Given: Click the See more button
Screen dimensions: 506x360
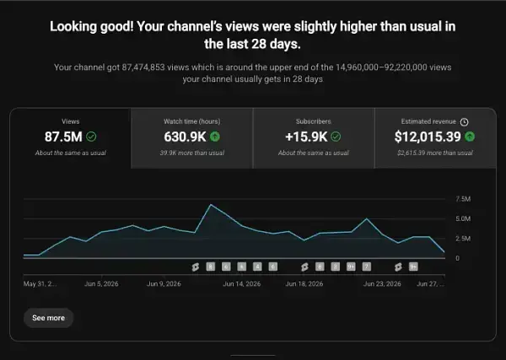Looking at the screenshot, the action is coord(48,318).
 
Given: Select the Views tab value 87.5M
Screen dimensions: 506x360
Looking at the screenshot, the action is coord(63,137).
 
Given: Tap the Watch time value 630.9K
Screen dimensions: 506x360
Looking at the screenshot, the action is coord(185,137).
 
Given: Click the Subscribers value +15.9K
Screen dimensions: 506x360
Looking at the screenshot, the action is coord(306,137).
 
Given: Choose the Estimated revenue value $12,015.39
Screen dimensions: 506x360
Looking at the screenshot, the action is coord(428,137).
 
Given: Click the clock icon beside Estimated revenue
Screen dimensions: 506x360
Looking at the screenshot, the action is coord(464,122).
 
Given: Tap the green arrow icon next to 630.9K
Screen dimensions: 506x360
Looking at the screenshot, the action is coord(215,137).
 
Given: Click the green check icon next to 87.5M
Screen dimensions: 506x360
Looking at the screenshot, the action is coord(91,137).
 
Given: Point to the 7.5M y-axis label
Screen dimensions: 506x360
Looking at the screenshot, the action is coord(463,199).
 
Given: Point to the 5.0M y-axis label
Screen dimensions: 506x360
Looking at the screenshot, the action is coord(463,218).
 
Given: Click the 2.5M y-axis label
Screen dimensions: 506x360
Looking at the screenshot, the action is coord(463,239).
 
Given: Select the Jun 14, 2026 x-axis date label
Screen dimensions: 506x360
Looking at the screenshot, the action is coord(242,284).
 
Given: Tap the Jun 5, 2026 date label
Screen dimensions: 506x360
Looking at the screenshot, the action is coord(101,284).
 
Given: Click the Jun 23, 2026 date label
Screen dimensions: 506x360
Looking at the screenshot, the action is coord(382,284).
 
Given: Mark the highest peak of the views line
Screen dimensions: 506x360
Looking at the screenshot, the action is coord(211,205).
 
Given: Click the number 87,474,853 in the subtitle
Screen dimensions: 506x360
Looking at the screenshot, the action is coord(143,67).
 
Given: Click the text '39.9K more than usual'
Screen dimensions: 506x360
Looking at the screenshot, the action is coord(192,153).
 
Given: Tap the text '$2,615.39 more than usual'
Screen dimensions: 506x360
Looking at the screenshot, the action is coord(435,153).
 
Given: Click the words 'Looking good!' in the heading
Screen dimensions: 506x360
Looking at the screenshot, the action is coord(91,27).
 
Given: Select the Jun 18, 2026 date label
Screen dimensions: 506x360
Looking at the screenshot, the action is coord(304,284).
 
